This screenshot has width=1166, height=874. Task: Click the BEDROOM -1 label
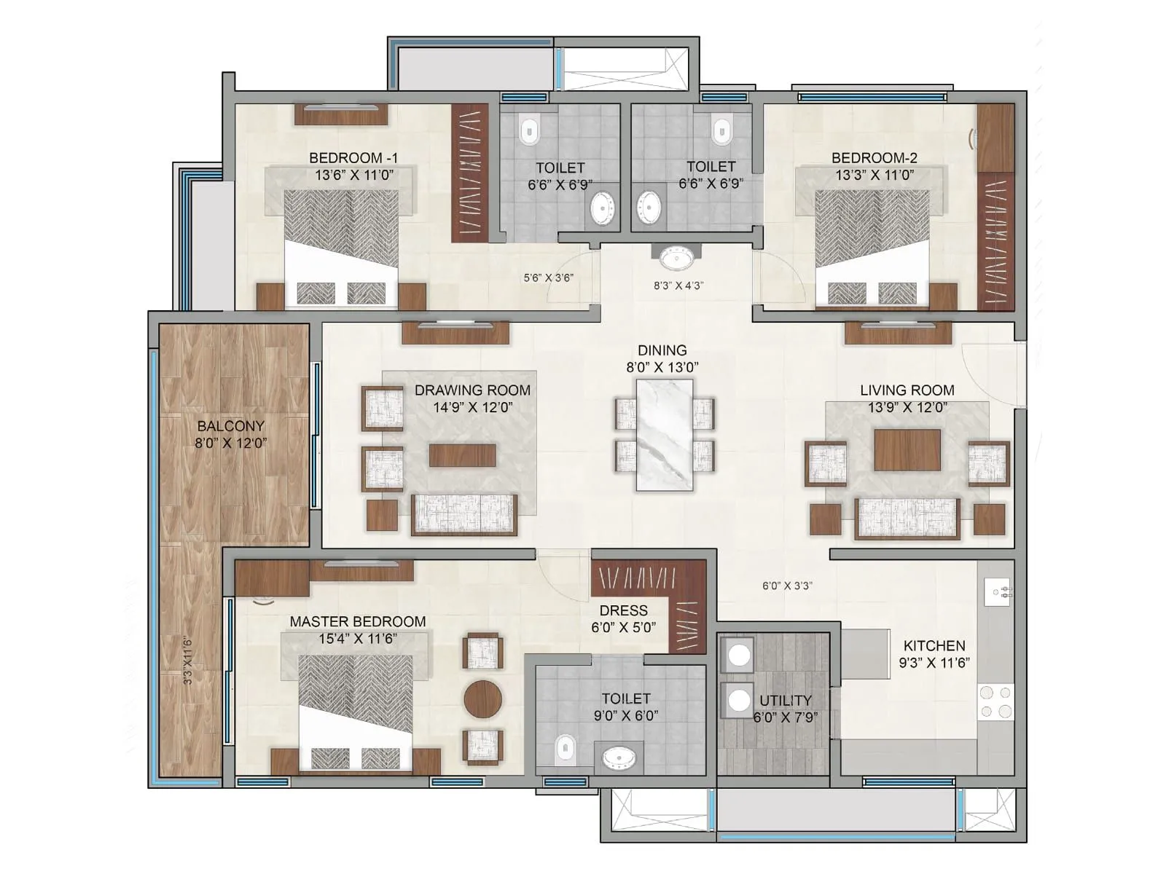pyautogui.click(x=353, y=158)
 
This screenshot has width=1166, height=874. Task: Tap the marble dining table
pyautogui.click(x=664, y=435)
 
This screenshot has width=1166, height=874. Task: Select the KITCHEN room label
pyautogui.click(x=934, y=646)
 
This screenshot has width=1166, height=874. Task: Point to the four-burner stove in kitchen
pyautogui.click(x=995, y=701)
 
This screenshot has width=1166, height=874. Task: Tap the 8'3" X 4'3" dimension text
pyautogui.click(x=678, y=286)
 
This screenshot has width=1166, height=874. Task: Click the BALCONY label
pyautogui.click(x=230, y=426)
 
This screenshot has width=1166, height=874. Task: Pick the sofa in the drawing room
pyautogui.click(x=464, y=515)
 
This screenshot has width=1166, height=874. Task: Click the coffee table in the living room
pyautogui.click(x=907, y=449)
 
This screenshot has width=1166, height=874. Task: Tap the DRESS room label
pyautogui.click(x=623, y=610)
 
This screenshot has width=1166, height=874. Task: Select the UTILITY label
pyautogui.click(x=785, y=701)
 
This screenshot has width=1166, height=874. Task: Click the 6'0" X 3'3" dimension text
pyautogui.click(x=787, y=586)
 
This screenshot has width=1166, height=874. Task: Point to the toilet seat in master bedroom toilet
pyautogui.click(x=565, y=749)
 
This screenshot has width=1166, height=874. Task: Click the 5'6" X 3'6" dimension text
pyautogui.click(x=548, y=277)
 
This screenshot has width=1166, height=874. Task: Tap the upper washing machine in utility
pyautogui.click(x=740, y=655)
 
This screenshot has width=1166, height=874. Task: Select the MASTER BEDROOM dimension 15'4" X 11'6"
pyautogui.click(x=357, y=639)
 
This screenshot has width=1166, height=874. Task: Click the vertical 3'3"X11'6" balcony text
pyautogui.click(x=189, y=660)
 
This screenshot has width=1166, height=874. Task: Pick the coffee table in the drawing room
pyautogui.click(x=462, y=455)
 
